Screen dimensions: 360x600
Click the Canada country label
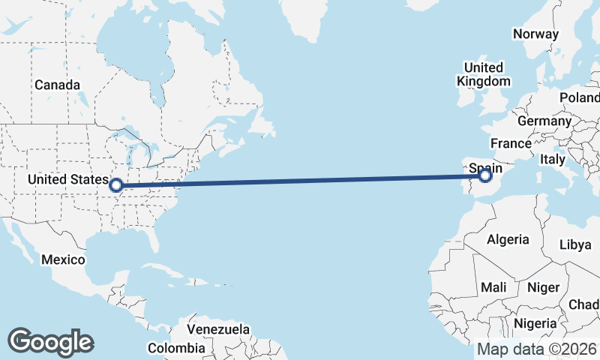point(56,85)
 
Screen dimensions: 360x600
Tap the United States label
point(67,180)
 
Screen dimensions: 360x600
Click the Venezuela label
point(218,329)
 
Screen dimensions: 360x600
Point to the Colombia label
point(175,348)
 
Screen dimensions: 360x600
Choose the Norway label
point(535,34)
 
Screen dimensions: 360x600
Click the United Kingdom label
point(484,74)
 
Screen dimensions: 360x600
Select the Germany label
point(544,121)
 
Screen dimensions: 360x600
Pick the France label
point(511,142)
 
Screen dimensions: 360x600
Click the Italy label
point(552,160)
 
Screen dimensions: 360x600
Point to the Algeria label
point(508,240)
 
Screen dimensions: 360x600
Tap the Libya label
point(575,245)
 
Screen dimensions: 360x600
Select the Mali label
point(493,287)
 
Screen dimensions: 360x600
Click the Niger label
point(544,287)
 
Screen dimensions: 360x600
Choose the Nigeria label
point(535,324)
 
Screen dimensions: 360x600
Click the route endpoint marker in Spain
point(485,175)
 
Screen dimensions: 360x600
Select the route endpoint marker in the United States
point(116,184)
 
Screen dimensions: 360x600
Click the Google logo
point(50,341)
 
